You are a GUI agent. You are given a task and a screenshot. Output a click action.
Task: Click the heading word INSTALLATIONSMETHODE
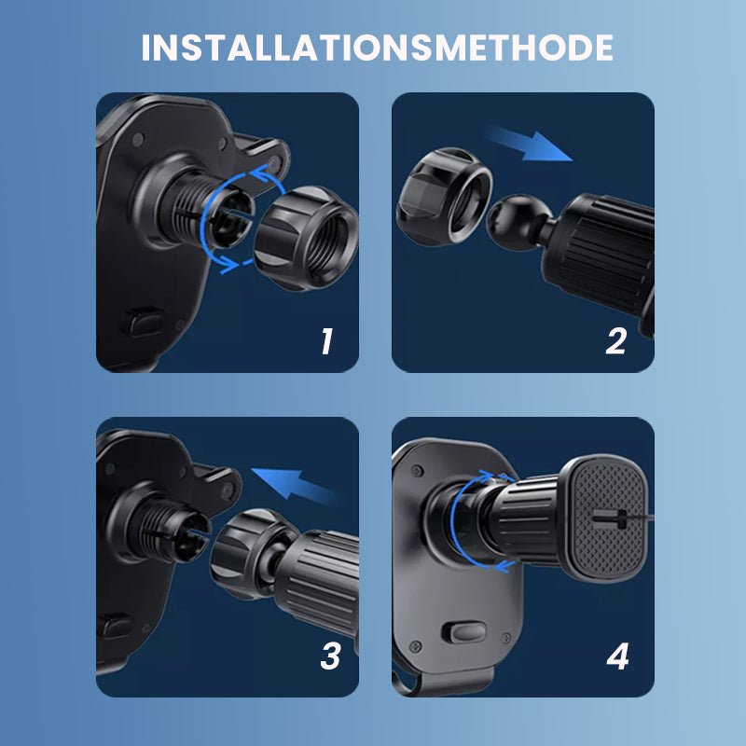[377, 48]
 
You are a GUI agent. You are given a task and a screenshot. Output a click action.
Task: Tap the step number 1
[325, 341]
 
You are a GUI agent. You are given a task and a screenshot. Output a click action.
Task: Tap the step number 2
[615, 341]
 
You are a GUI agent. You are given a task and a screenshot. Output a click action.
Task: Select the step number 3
[329, 656]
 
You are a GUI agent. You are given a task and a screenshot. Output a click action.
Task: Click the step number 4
[617, 656]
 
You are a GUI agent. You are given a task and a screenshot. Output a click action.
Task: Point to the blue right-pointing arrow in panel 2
[531, 145]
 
